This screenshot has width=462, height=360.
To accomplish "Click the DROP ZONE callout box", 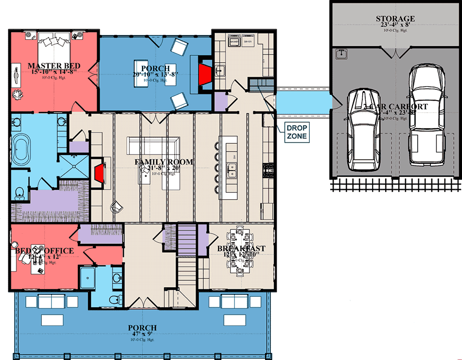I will click(297, 132).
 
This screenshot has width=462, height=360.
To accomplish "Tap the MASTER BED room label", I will click(54, 66).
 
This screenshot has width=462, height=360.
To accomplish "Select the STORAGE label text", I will click(395, 19).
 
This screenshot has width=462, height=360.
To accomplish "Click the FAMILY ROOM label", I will click(157, 162).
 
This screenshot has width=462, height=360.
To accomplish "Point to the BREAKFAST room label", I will click(241, 249).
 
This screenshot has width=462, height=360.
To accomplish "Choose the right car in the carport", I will click(426, 115).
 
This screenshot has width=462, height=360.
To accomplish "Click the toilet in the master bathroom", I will click(19, 192).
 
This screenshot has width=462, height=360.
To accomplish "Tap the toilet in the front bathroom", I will click(114, 298).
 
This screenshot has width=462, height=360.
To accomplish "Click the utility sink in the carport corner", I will click(340, 53).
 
